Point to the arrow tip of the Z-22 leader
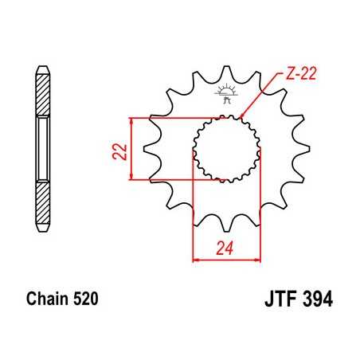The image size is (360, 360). (x=240, y=119)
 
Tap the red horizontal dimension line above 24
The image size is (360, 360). (x=226, y=260)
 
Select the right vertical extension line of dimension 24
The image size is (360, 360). (x=261, y=207)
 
